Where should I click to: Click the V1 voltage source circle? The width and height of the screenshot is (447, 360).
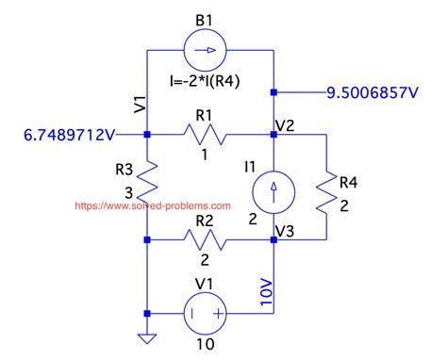coord(209,313)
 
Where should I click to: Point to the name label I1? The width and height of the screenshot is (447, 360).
coord(250,167)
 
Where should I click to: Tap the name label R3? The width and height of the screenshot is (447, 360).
coord(124,172)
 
